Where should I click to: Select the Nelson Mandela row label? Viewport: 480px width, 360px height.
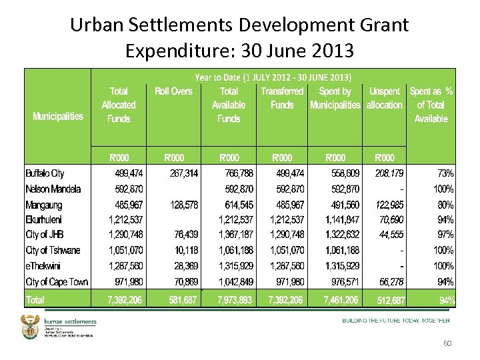pyautogui.click(x=53, y=189)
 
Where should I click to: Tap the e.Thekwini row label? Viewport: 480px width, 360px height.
pyautogui.click(x=45, y=266)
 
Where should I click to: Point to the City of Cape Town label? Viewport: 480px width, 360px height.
pyautogui.click(x=57, y=282)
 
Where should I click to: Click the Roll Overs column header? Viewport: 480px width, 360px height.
pyautogui.click(x=173, y=91)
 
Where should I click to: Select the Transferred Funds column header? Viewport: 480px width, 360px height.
pyautogui.click(x=282, y=98)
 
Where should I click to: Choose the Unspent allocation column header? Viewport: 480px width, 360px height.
pyautogui.click(x=385, y=98)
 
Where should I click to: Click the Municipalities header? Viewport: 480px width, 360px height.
pyautogui.click(x=58, y=117)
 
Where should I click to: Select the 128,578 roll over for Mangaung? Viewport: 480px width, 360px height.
pyautogui.click(x=181, y=205)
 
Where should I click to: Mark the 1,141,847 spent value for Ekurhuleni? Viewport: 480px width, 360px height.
pyautogui.click(x=343, y=220)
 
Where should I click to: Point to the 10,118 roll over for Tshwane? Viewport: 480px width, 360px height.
pyautogui.click(x=185, y=251)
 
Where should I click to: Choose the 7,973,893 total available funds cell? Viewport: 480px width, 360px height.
pyautogui.click(x=234, y=301)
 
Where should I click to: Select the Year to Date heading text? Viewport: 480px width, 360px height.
pyautogui.click(x=273, y=77)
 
